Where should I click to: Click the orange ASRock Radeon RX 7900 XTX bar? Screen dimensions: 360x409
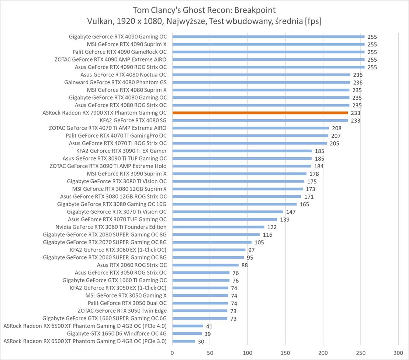tap(260, 113)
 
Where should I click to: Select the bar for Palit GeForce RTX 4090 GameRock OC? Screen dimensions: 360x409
tap(268, 52)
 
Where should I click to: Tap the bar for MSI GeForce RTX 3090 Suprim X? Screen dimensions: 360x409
tap(239, 174)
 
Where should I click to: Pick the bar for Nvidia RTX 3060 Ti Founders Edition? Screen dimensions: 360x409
tap(218, 227)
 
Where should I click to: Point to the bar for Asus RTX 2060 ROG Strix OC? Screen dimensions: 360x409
tap(205, 265)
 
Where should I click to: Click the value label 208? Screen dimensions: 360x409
tap(336, 128)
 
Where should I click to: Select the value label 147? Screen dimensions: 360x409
tap(291, 212)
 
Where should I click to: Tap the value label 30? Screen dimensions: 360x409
tap(201, 342)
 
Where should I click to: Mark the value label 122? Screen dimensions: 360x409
tap(272, 227)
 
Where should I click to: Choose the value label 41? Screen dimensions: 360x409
tap(209, 326)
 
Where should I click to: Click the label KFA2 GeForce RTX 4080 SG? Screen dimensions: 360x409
tap(133, 120)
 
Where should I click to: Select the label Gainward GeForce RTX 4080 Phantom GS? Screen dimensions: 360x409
tap(115, 82)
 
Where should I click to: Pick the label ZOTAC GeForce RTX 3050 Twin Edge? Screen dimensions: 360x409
tap(122, 311)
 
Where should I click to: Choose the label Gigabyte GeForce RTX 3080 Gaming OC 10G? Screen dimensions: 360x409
tap(112, 204)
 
